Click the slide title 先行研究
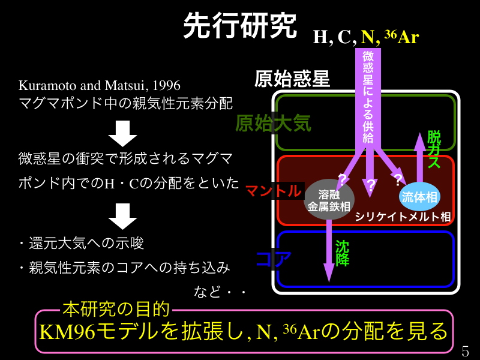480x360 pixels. coord(239,25)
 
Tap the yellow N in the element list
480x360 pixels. coord(367,37)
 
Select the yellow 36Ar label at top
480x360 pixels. coord(401,37)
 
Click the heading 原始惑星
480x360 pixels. coord(292,79)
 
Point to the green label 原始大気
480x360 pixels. coord(273,123)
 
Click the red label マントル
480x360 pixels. coord(273,191)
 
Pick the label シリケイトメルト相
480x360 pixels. coord(402,216)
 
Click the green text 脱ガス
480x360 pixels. coord(434,149)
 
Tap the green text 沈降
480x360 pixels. coord(342,254)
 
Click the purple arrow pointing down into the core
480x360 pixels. coord(329,252)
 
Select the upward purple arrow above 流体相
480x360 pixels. coord(419,156)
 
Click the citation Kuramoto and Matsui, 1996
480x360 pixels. coord(100,85)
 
